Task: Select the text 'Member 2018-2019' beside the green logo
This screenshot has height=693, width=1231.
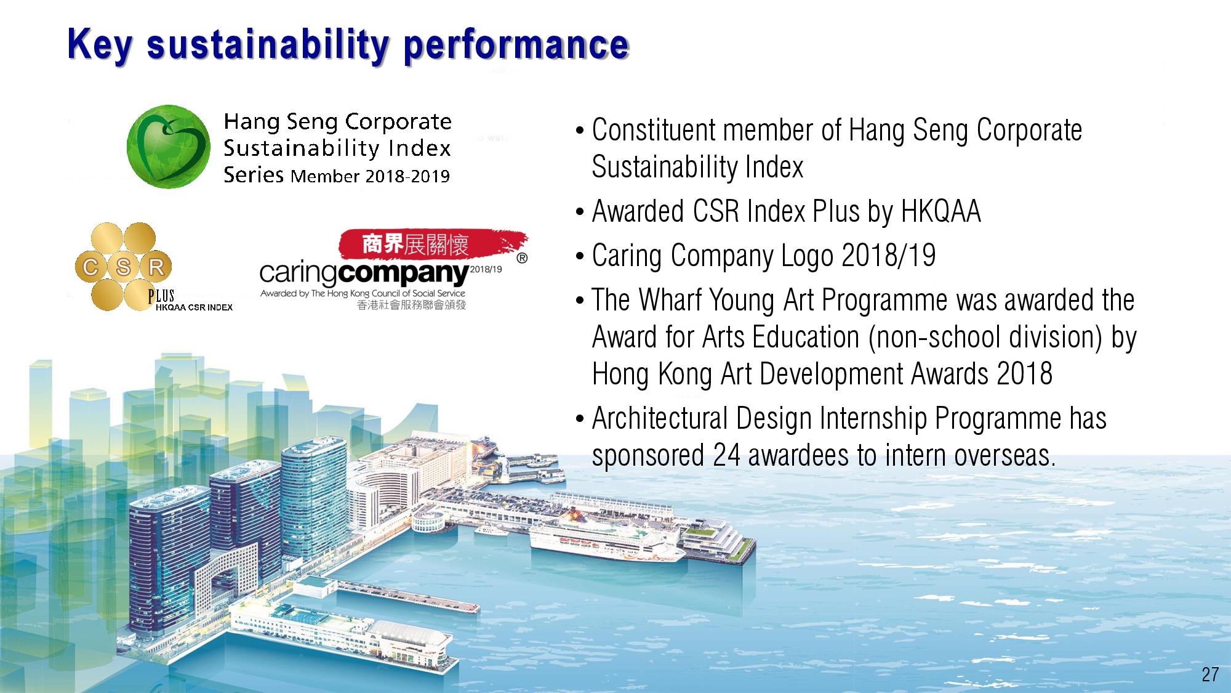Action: tap(370, 176)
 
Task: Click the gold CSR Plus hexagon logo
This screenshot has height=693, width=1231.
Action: tap(123, 266)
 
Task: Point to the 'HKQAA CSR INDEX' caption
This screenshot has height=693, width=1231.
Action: tap(194, 307)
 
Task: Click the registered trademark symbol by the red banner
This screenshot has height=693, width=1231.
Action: tap(522, 258)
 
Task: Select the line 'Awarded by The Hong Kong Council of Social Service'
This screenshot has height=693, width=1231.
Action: tap(363, 293)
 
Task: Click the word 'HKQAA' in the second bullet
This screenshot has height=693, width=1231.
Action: tap(940, 211)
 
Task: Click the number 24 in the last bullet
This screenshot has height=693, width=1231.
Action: tap(727, 455)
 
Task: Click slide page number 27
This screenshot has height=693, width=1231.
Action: tap(1209, 675)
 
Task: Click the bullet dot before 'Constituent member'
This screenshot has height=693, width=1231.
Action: tap(579, 131)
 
